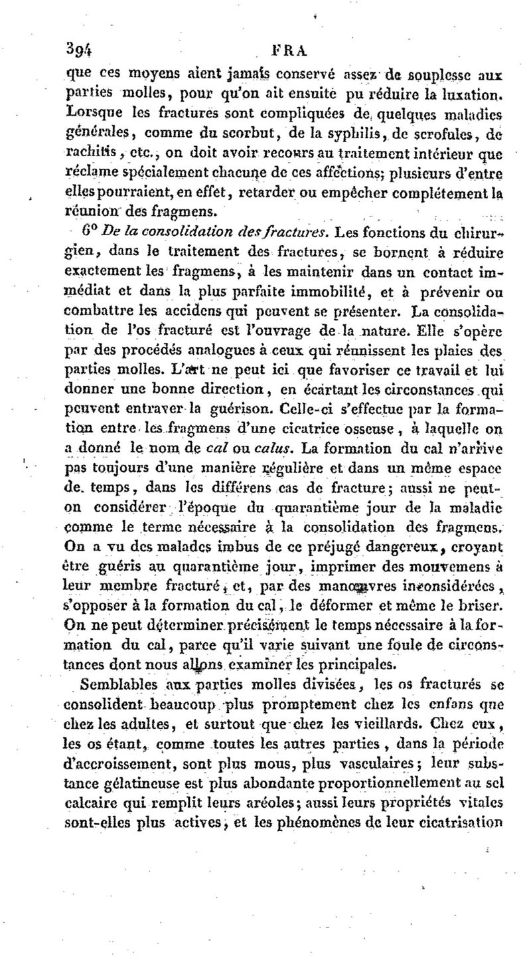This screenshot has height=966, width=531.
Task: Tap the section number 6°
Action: point(89,232)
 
